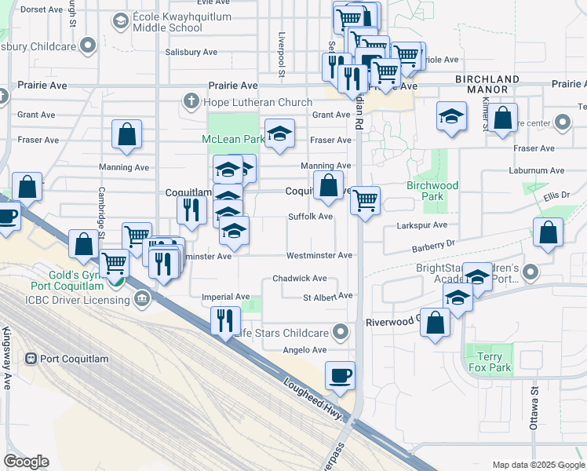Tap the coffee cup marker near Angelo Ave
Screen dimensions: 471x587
click(340, 376)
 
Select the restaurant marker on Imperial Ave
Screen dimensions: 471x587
click(225, 319)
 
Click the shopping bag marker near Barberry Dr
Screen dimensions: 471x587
click(548, 233)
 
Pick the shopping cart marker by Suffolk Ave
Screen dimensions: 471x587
click(365, 201)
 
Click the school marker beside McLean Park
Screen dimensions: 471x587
click(279, 133)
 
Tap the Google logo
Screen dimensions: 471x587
click(26, 462)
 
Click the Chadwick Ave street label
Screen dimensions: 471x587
click(299, 279)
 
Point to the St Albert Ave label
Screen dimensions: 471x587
click(328, 297)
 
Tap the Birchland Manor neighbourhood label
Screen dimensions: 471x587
click(487, 85)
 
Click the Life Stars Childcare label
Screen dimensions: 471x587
click(286, 332)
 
